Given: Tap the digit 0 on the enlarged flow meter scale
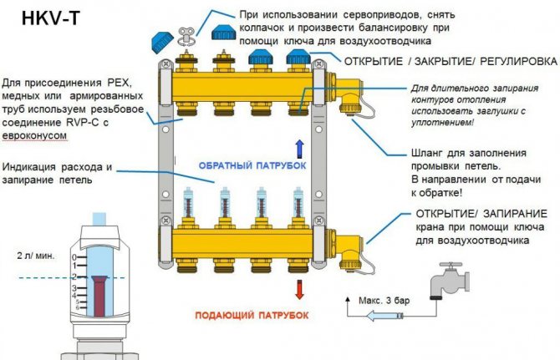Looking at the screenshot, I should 74,257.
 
